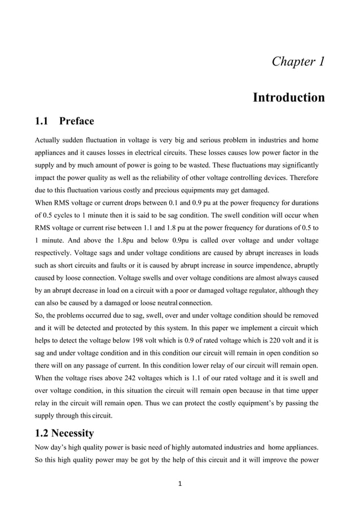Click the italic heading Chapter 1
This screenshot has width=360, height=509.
[x=298, y=61]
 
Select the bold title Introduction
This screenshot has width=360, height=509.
[x=288, y=98]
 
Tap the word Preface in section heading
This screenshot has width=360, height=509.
[x=76, y=121]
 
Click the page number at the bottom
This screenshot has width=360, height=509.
[x=179, y=483]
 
